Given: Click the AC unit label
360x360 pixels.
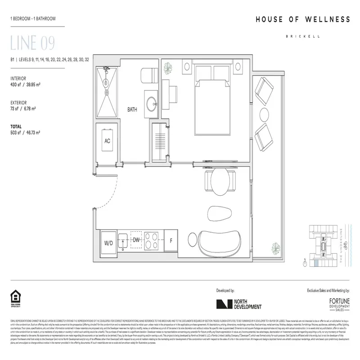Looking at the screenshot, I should click(108, 141).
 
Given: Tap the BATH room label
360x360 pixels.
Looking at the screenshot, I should click(132, 109).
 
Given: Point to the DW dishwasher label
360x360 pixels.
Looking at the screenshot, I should click(136, 240).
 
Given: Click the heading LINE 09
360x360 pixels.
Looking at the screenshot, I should click(32, 44).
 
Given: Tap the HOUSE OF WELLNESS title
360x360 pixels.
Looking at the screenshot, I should click(302, 19).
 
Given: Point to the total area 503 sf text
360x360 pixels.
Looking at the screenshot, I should click(26, 133).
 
